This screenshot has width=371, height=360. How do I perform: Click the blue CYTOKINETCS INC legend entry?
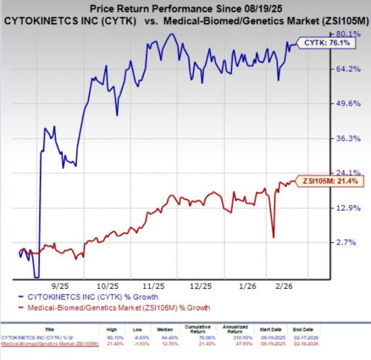pyautogui.click(x=88, y=297)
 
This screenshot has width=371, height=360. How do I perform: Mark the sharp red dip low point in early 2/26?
pyautogui.click(x=273, y=237)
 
